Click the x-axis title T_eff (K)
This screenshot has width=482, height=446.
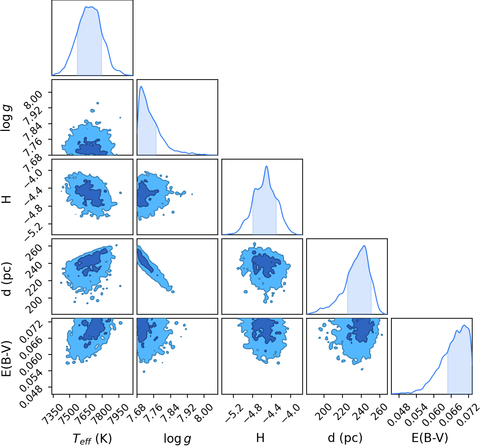(92, 438)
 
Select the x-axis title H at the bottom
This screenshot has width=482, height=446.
(260, 438)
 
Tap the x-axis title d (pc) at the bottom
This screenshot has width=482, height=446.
(345, 438)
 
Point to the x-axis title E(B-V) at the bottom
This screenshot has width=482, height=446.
(430, 438)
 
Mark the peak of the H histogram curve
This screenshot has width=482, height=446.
(267, 166)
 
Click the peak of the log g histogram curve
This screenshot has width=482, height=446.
(141, 86)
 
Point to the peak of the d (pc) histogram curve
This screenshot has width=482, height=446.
(364, 246)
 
